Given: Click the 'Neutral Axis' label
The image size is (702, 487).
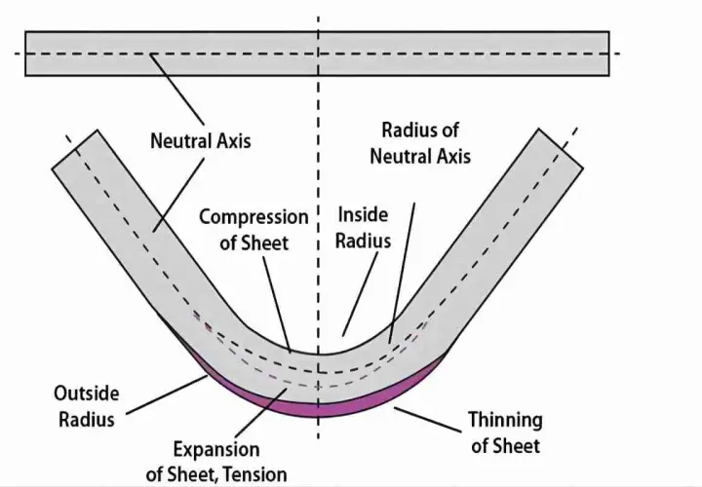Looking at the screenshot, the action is tap(201, 141).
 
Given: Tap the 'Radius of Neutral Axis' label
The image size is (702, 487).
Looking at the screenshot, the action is tap(420, 143).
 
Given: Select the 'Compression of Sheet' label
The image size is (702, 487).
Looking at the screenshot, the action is tap(253, 230).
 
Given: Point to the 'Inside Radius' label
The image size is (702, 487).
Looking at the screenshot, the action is tap(363, 228).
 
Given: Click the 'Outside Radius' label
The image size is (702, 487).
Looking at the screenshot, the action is tap(87, 406).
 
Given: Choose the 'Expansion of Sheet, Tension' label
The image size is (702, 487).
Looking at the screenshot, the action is tap(216, 462).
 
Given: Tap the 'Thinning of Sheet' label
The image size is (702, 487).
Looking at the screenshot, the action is tap(505, 432).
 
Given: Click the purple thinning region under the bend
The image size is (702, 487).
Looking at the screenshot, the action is tap(319, 410).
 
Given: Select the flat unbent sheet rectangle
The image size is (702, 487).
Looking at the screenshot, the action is tap(317, 54).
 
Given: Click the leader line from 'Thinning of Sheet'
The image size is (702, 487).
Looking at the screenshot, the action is tap(428, 420).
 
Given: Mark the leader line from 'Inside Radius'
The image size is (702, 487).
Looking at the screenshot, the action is tap(360, 294).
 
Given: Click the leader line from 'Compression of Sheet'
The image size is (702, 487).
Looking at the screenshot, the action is tap(277, 305).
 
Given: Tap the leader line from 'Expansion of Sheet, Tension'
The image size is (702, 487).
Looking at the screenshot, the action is tap(260, 412).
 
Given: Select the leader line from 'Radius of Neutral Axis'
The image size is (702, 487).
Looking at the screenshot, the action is tap(402, 274).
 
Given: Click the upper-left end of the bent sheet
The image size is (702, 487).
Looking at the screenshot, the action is tap(75, 149).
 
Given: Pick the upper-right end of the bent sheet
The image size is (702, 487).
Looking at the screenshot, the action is tap(561, 148).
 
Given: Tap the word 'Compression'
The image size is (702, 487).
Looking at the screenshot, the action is tap(253, 218).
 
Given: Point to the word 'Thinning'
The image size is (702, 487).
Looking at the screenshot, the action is tap(505, 421).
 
